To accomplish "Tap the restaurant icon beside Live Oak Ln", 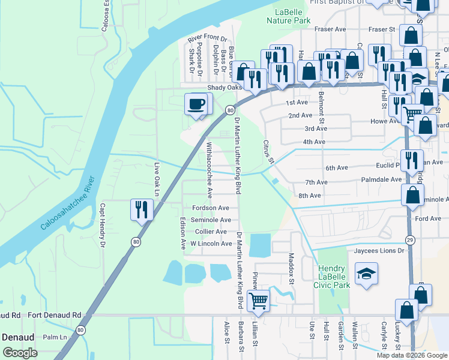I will click(x=142, y=209).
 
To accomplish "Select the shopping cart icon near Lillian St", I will click(x=258, y=300).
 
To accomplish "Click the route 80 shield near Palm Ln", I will click(x=81, y=330).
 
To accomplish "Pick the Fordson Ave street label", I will click(x=210, y=208).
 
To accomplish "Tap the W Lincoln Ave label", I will click(x=211, y=244).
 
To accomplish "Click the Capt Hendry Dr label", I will click(x=103, y=226).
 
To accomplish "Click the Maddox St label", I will click(x=292, y=268).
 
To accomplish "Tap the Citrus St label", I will click(x=268, y=152).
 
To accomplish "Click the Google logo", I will click(x=20, y=353).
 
